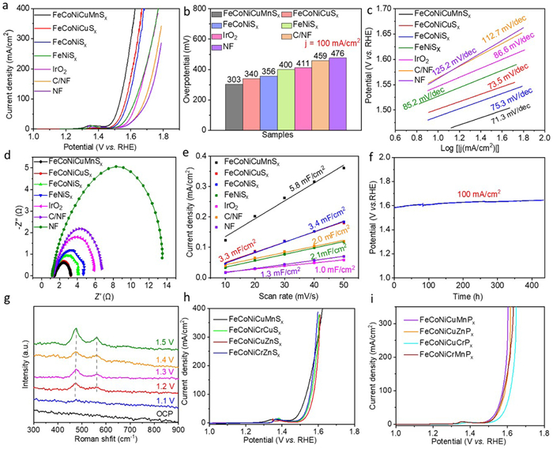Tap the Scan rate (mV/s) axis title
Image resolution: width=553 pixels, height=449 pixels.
click(x=281, y=288)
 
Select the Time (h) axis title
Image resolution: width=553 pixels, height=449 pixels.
click(x=473, y=289)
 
